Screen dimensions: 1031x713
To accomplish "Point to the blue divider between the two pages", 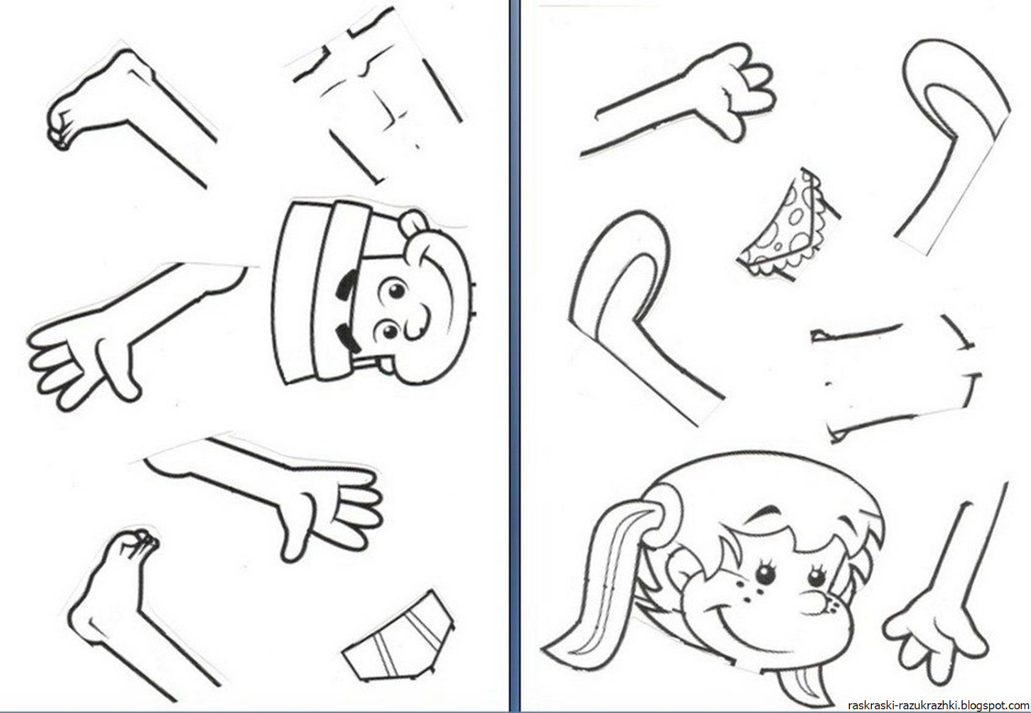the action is [515, 357].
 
